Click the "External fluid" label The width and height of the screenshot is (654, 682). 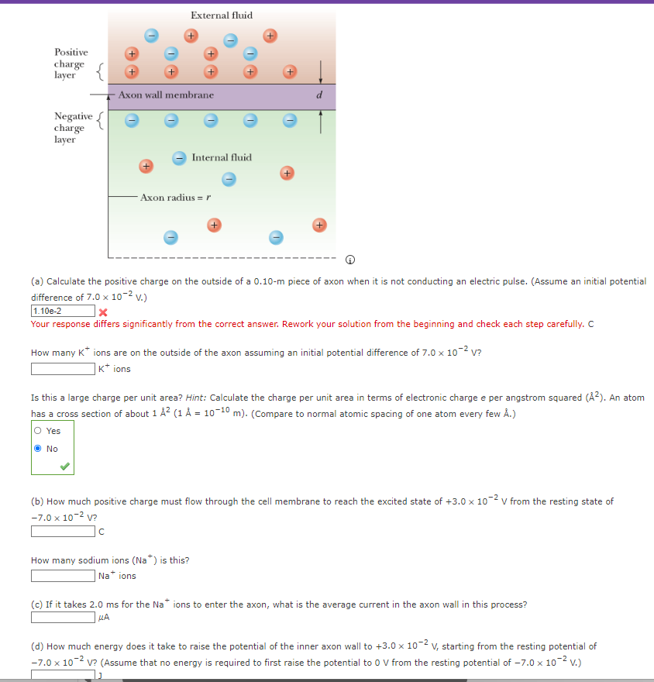[221, 15]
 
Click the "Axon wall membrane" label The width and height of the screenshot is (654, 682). [166, 95]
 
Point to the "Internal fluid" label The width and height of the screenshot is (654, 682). [222, 157]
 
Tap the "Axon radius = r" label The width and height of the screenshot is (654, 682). [176, 198]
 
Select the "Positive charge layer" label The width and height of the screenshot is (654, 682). [71, 64]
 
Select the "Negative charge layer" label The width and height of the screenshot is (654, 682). [69, 127]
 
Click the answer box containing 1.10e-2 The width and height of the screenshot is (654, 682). [62, 311]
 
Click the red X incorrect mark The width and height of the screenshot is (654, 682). [102, 312]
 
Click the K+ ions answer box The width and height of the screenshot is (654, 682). [62, 369]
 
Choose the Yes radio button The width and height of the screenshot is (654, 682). [38, 431]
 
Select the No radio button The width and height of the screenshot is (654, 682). [38, 449]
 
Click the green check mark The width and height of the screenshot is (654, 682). [66, 466]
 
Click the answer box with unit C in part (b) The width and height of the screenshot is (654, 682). [62, 531]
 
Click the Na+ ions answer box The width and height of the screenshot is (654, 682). [62, 576]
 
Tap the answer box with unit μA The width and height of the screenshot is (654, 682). [62, 618]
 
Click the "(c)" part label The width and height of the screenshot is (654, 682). [37, 604]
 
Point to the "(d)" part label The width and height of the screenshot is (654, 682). [37, 646]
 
